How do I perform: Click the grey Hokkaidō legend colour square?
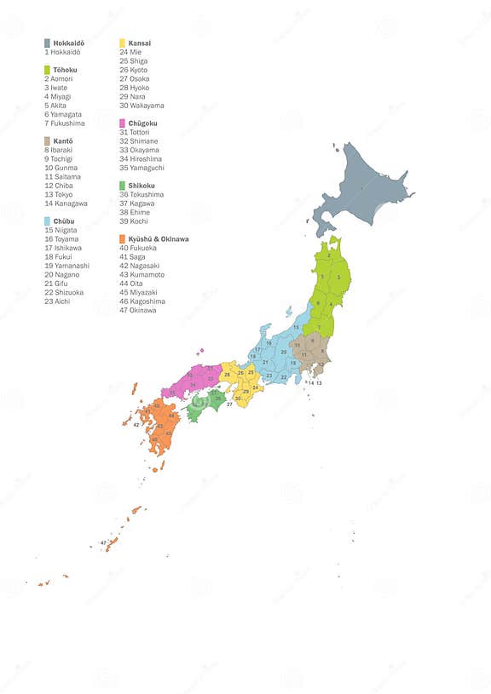click(47, 43)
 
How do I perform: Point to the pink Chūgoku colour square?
click(123, 123)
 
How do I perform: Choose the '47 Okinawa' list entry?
click(138, 310)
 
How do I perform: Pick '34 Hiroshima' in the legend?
click(141, 158)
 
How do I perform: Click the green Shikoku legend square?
click(123, 185)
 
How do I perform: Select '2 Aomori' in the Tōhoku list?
click(59, 78)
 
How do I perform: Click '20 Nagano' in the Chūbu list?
click(62, 274)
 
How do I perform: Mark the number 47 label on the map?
click(103, 542)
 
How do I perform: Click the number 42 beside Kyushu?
click(136, 424)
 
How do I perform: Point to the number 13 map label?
click(319, 383)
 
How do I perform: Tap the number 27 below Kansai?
click(229, 404)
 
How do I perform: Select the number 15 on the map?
click(297, 327)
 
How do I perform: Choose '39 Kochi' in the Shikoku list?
click(134, 221)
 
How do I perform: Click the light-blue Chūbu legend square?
click(47, 221)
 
